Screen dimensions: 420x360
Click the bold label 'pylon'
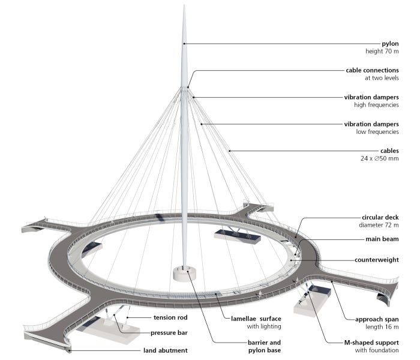[x=390, y=44]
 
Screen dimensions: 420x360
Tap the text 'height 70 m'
[x=382, y=51]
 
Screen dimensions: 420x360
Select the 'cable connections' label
[x=372, y=70]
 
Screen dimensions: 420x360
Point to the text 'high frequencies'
[x=376, y=105]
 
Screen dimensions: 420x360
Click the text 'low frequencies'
[x=377, y=131]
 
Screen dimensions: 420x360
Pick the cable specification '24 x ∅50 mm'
[x=380, y=158]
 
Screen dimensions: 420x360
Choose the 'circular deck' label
[x=380, y=217]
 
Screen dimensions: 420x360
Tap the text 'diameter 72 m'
[x=379, y=225]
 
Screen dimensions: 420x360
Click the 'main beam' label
[x=382, y=239]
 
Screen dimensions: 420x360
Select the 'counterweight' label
[x=377, y=260]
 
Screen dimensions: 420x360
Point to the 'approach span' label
[x=377, y=319]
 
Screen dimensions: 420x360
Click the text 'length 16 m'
[x=382, y=327]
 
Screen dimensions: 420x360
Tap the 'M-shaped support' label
[x=371, y=343]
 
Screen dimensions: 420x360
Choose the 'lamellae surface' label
[x=256, y=319]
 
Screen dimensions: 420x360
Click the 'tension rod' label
[x=170, y=317]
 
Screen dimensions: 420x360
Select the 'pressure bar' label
[x=169, y=332]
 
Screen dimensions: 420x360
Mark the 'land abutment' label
[x=165, y=350]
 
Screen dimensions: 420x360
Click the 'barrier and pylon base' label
[x=265, y=346]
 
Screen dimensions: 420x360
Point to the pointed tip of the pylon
[x=184, y=5]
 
